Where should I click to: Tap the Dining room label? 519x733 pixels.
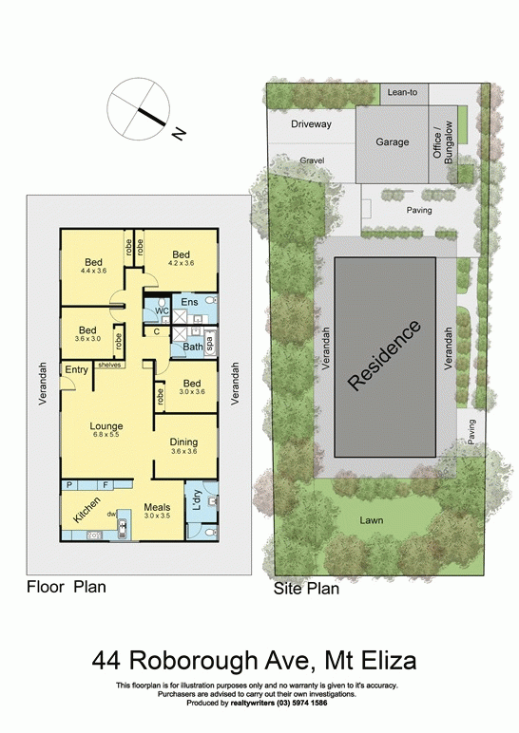tap(183, 442)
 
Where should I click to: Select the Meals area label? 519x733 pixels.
tap(157, 507)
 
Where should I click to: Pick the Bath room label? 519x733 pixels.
tap(192, 347)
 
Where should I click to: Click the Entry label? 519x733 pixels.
tap(77, 368)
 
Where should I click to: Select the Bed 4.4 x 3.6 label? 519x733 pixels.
tap(93, 262)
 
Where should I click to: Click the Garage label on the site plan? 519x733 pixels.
tap(392, 142)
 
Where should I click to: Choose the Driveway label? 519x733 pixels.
tap(312, 124)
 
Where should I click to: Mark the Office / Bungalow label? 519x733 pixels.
tap(444, 140)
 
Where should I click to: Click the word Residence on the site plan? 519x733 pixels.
tap(384, 356)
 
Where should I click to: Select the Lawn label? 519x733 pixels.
tap(372, 520)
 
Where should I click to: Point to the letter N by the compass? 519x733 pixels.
tap(178, 134)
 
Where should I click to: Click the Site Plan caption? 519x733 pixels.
tap(306, 589)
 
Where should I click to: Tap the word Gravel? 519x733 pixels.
tap(312, 160)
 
